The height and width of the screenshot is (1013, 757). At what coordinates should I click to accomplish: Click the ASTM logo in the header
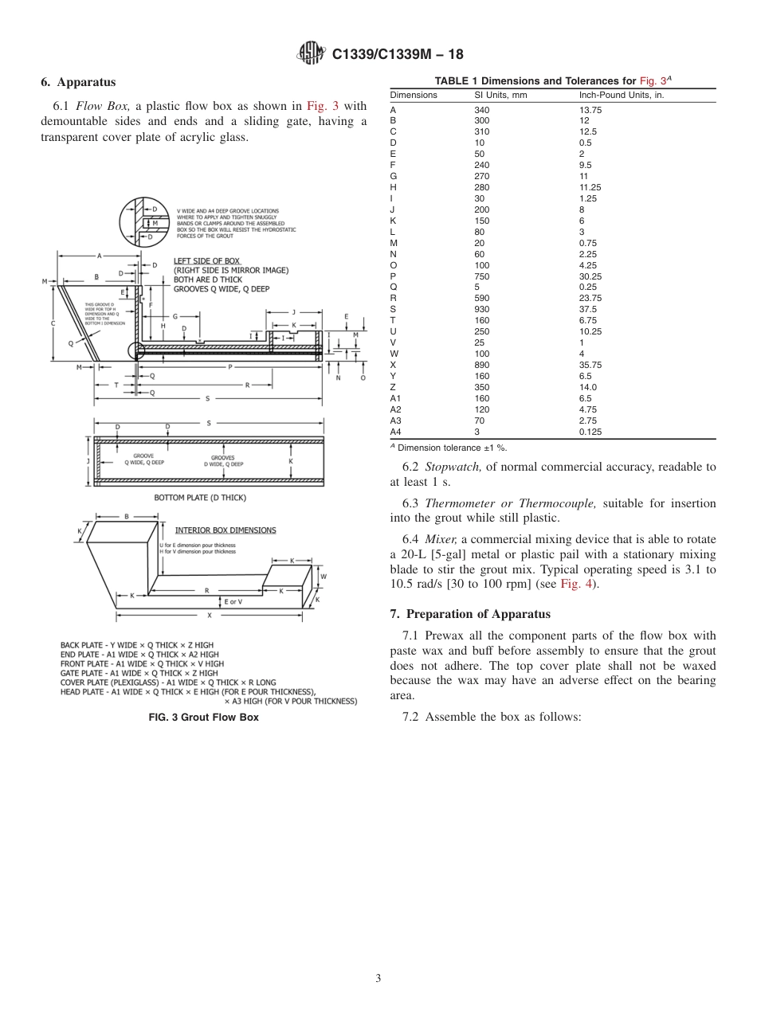[x=311, y=54]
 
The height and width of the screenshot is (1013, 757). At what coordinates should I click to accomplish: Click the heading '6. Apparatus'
[x=78, y=82]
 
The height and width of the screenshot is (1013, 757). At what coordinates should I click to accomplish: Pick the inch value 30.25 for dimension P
[x=590, y=276]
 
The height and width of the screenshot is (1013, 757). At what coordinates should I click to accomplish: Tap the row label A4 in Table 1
[x=396, y=432]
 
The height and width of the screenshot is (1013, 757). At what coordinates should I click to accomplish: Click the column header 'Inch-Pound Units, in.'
[x=621, y=95]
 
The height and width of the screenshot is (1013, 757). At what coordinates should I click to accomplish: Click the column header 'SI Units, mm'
[x=500, y=95]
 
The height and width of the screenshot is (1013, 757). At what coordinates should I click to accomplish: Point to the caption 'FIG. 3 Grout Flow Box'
[x=204, y=718]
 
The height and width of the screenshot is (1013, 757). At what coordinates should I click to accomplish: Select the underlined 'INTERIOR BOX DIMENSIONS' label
[x=226, y=530]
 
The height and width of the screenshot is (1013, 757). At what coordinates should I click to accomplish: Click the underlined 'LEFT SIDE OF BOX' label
[x=206, y=261]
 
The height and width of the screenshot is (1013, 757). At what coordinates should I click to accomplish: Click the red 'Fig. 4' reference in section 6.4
[x=574, y=584]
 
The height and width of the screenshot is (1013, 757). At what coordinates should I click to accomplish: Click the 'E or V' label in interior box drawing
[x=233, y=602]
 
